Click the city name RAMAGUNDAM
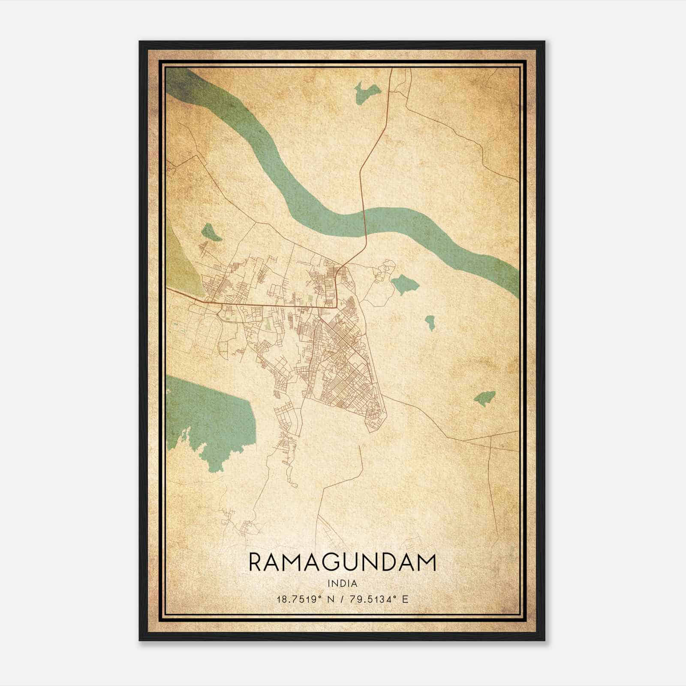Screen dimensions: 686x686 pyautogui.click(x=342, y=563)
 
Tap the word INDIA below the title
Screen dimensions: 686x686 pyautogui.click(x=342, y=583)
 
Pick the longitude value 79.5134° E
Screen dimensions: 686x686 pyautogui.click(x=378, y=599)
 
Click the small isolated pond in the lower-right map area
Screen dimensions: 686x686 pyautogui.click(x=484, y=398)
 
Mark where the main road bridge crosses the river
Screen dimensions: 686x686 pyautogui.click(x=364, y=223)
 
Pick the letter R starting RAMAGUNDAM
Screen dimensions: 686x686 pyautogui.click(x=255, y=563)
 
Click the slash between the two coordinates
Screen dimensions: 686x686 pyautogui.click(x=341, y=599)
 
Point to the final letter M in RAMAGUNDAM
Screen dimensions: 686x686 pyautogui.click(x=427, y=563)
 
